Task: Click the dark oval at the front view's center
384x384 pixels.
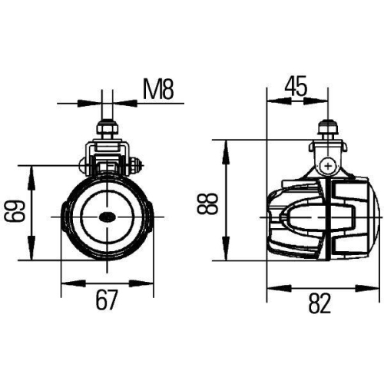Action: click(108, 217)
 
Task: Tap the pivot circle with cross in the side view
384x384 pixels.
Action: click(329, 164)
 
